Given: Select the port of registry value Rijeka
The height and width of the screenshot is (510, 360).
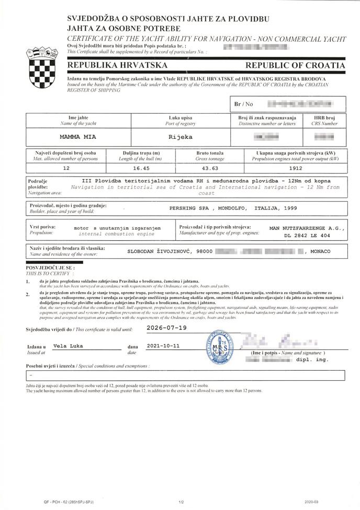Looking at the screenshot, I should pyautogui.click(x=181, y=137).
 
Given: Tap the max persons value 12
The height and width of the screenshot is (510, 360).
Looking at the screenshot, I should pyautogui.click(x=66, y=169).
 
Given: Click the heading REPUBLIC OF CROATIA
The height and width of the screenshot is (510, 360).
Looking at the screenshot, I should pyautogui.click(x=295, y=65).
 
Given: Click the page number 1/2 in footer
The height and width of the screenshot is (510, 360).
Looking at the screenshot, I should pyautogui.click(x=181, y=502).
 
